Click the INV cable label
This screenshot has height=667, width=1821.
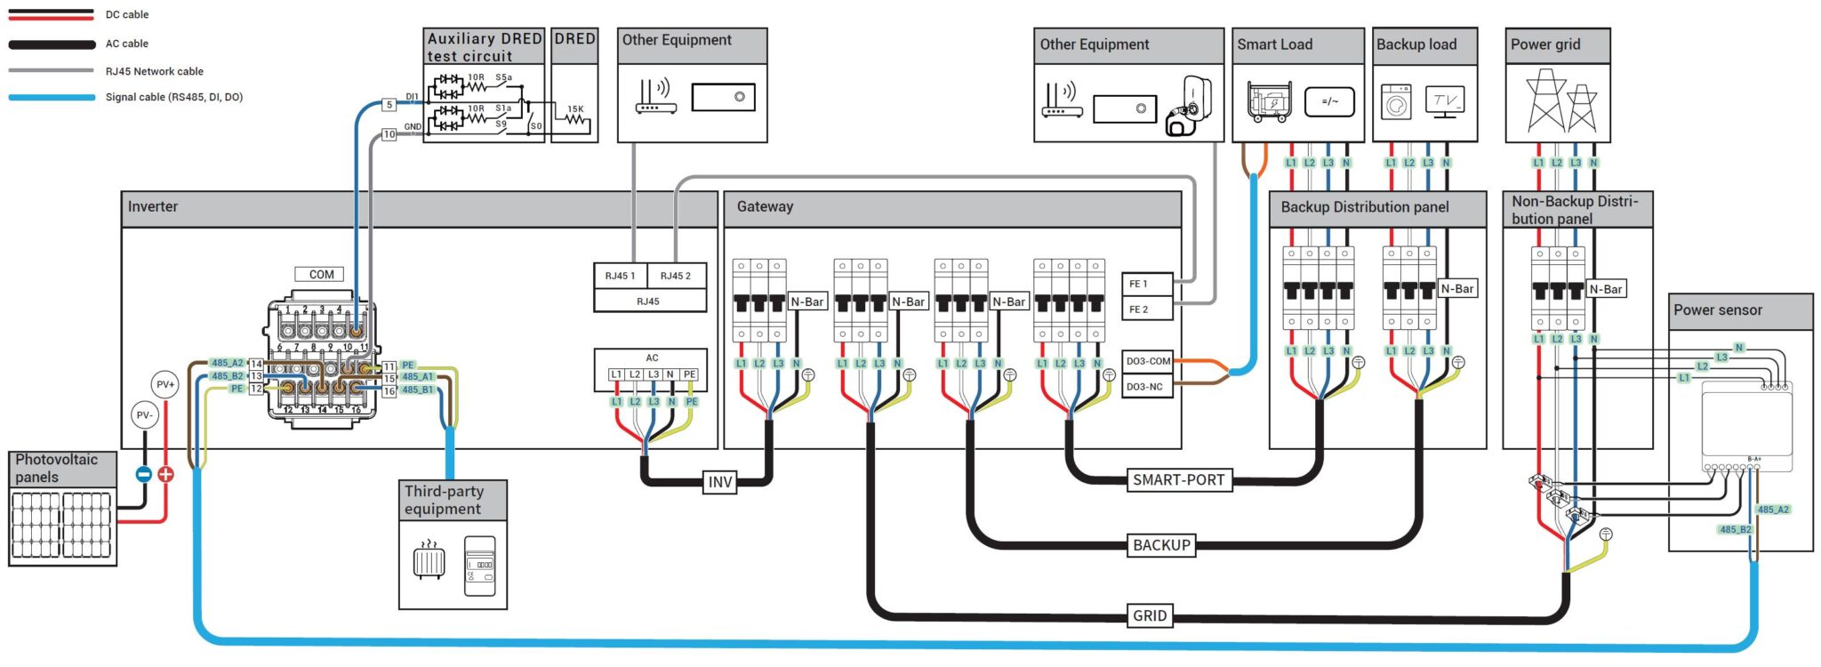pyautogui.click(x=719, y=482)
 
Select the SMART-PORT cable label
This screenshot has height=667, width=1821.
pyautogui.click(x=1178, y=479)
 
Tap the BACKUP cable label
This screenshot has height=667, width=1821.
pyautogui.click(x=1160, y=545)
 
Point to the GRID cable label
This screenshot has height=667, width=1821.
pyautogui.click(x=1149, y=615)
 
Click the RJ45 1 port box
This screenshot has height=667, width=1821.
pyautogui.click(x=620, y=276)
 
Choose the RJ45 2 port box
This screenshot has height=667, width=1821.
pyautogui.click(x=676, y=276)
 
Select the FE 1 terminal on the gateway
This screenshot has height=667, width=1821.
pyautogui.click(x=1146, y=284)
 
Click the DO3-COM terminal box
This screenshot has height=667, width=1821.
pyautogui.click(x=1148, y=361)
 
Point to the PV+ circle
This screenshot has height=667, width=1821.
pyautogui.click(x=165, y=384)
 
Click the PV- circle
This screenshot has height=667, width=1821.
pyautogui.click(x=144, y=414)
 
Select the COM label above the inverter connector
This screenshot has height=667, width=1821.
pyautogui.click(x=321, y=274)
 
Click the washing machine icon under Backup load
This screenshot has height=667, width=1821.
pyautogui.click(x=1396, y=102)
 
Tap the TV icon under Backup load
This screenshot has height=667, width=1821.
pyautogui.click(x=1444, y=101)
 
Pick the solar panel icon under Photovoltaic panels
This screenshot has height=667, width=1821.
pyautogui.click(x=62, y=525)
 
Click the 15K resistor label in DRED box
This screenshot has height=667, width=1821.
pyautogui.click(x=575, y=109)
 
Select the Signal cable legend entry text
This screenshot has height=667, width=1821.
pyautogui.click(x=174, y=97)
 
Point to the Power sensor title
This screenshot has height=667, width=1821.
pyautogui.click(x=1717, y=310)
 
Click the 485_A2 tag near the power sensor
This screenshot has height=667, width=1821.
pyautogui.click(x=1772, y=510)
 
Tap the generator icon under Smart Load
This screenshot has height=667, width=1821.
pyautogui.click(x=1267, y=102)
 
